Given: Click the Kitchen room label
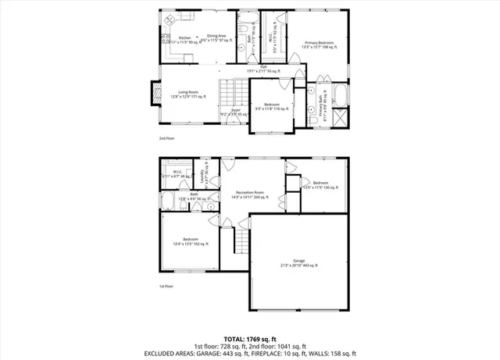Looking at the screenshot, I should (185, 38).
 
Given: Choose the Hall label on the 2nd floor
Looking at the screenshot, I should (253, 68).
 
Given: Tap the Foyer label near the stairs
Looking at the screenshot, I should (235, 112).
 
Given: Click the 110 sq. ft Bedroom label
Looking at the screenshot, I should (272, 106).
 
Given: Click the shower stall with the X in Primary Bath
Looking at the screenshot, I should (340, 118).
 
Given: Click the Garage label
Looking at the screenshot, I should (299, 263).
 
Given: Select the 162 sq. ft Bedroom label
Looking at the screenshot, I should (191, 241).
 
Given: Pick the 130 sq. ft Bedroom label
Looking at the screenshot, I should (316, 185).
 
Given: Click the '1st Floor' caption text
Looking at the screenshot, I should (166, 287).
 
